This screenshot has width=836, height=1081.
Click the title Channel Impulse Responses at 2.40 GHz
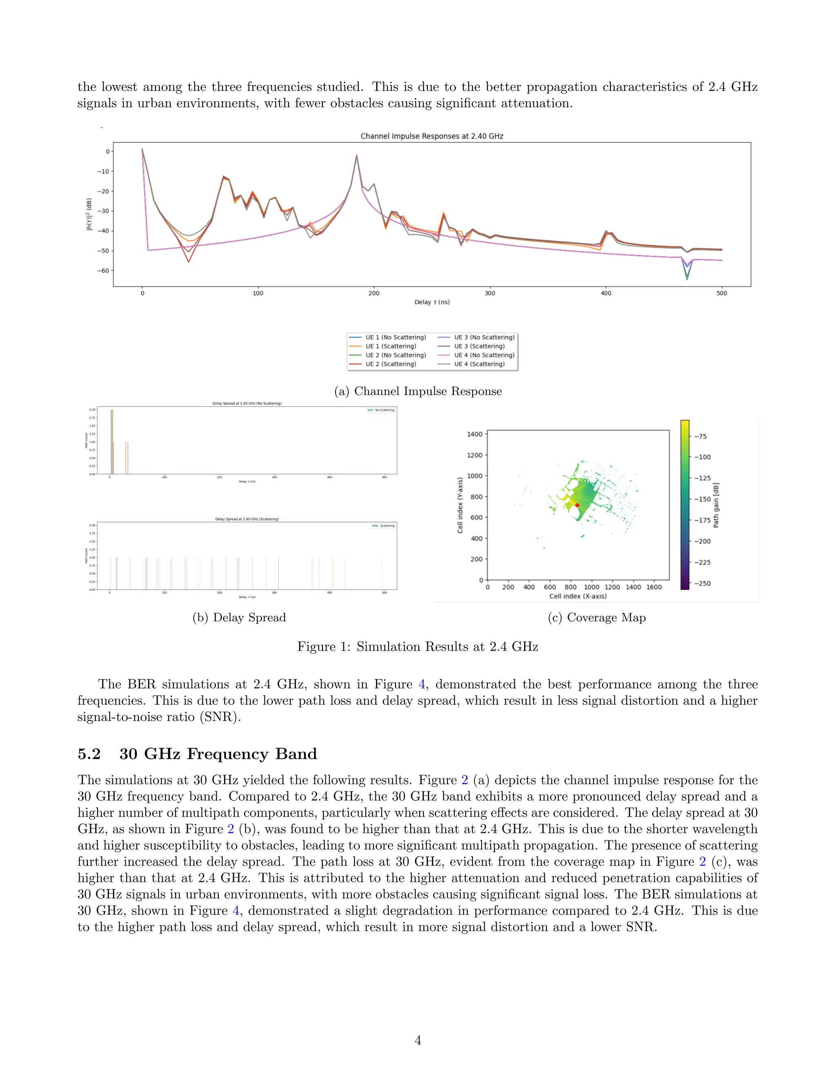431,136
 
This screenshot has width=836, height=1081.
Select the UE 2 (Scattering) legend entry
390,364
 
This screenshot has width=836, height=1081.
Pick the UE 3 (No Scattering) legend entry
484,337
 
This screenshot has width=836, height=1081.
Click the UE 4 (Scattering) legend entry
479,364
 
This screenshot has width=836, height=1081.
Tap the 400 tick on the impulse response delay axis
606,293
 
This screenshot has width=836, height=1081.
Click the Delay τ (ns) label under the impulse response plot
432,302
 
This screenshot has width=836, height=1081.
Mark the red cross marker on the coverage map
577,505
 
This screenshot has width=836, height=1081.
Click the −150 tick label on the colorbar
702,499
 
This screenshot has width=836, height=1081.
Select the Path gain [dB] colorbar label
716,505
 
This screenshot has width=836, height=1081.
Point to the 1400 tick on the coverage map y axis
474,434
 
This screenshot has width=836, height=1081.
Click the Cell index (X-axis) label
578,596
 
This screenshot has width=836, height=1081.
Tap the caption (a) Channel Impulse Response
418,391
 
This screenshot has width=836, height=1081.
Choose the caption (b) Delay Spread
239,617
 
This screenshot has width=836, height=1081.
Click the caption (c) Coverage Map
596,617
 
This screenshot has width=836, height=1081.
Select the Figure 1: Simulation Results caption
418,647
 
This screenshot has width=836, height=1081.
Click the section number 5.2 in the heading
89,754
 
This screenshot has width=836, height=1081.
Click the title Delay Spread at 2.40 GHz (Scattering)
247,519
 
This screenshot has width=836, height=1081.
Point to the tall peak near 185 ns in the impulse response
357,156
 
